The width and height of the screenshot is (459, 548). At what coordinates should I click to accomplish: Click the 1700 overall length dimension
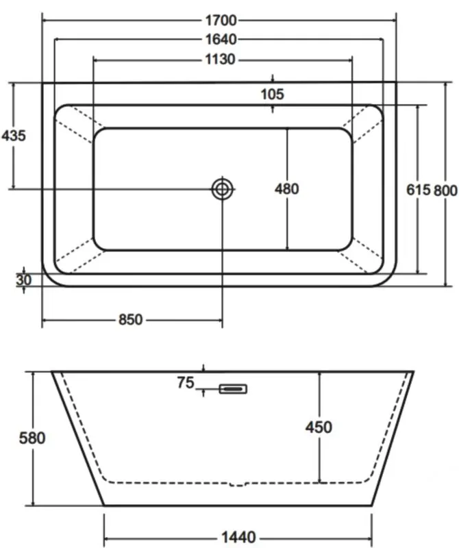(221, 21)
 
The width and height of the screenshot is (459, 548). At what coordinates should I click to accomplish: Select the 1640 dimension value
(221, 40)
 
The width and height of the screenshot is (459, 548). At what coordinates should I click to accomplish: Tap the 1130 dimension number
(220, 60)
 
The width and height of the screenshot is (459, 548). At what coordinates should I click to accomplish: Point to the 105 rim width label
(273, 95)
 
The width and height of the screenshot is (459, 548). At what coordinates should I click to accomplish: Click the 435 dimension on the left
(14, 136)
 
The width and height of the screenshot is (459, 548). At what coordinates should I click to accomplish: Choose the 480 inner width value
(286, 189)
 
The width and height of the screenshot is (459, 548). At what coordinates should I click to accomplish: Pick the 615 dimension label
(419, 190)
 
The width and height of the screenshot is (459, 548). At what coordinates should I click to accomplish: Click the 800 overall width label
(446, 191)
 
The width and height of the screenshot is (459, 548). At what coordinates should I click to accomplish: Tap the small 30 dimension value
(24, 280)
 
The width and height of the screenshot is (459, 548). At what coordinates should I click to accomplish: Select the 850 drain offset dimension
(130, 320)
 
